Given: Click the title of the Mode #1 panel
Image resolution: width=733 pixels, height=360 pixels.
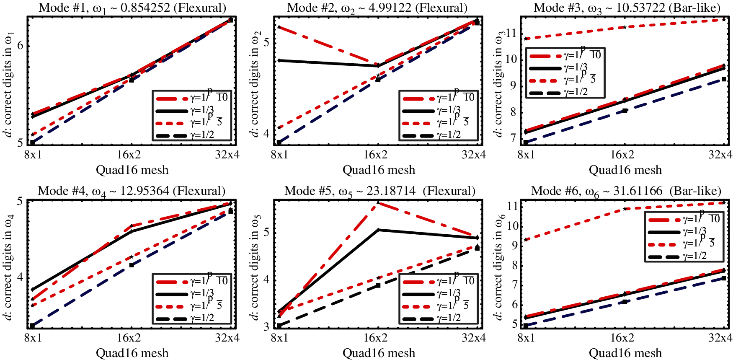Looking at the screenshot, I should [132, 8].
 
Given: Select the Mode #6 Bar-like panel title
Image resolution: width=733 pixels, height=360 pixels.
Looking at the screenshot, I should [626, 191].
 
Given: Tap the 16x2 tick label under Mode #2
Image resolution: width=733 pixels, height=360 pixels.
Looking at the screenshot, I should [375, 155].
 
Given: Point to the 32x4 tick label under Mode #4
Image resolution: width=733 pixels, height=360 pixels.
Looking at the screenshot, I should [227, 338].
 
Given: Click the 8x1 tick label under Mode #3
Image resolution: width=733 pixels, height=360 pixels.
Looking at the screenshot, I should [526, 155].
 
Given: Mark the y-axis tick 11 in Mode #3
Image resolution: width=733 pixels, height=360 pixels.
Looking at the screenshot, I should [511, 33].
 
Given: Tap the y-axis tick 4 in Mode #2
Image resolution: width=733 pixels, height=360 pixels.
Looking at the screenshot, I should [267, 133].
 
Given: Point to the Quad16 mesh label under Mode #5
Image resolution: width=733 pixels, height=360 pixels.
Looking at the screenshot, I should [379, 353].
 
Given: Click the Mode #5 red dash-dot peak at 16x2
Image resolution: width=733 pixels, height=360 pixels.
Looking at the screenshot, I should [378, 202].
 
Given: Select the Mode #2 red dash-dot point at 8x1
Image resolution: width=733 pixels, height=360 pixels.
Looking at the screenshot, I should [279, 27].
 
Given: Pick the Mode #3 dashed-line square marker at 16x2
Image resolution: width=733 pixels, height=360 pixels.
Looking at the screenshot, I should [625, 111].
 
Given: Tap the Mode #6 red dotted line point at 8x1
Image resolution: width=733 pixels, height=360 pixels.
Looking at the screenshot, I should [526, 240].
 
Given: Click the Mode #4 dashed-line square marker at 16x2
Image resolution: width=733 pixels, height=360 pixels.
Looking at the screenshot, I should [132, 265].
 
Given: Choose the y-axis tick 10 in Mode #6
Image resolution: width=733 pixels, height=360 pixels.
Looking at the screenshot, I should [511, 226].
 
